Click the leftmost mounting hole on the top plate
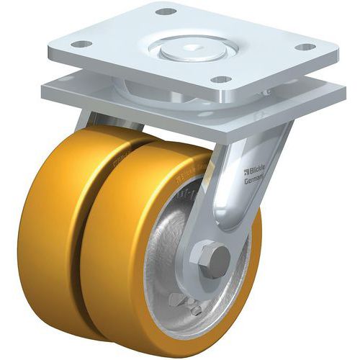click(82, 44)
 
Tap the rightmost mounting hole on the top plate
click(305, 47)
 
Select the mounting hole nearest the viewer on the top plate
click(221, 79)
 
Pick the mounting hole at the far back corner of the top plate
click(166, 12)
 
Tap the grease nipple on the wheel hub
click(196, 309)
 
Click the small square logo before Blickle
click(246, 171)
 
